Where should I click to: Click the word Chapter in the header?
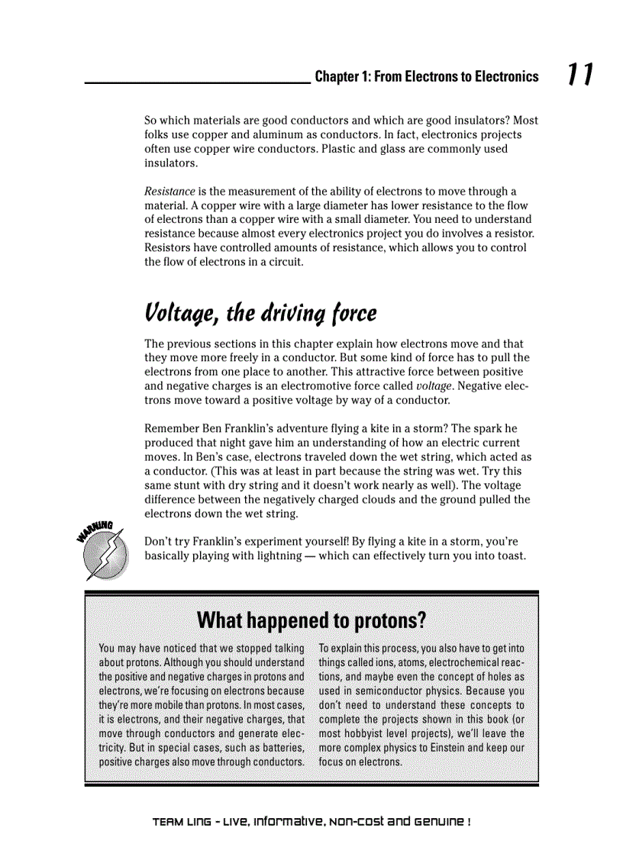click(335, 76)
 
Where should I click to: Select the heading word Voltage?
click(180, 314)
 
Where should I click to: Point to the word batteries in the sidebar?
click(279, 748)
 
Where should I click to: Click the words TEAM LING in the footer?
click(180, 822)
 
